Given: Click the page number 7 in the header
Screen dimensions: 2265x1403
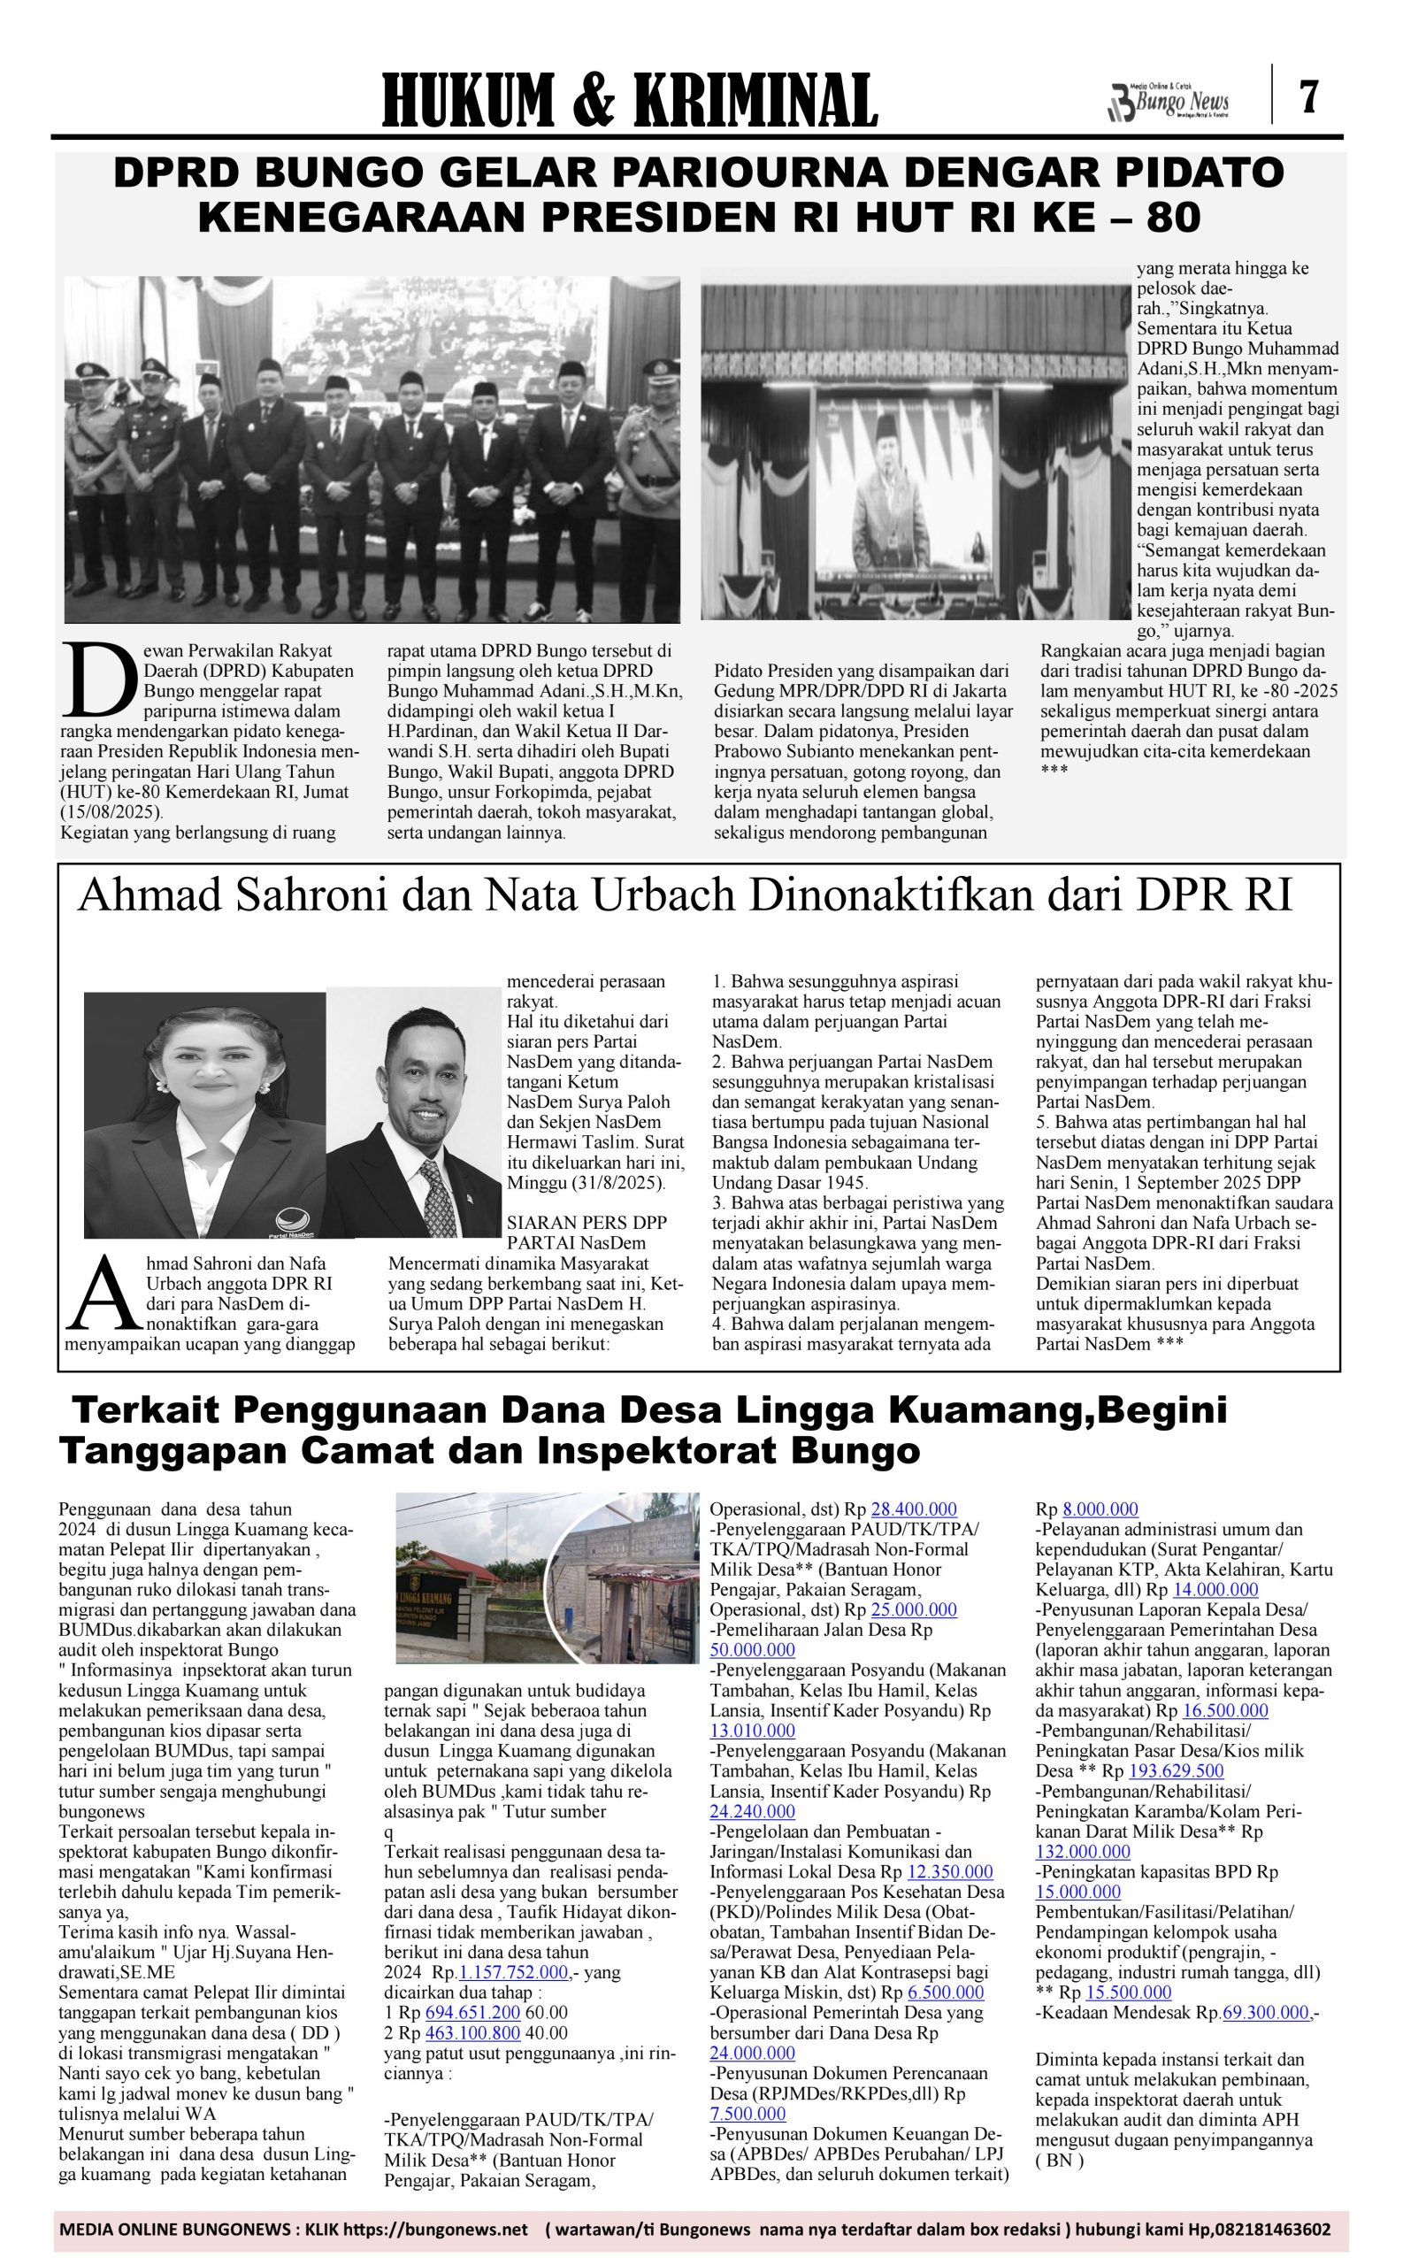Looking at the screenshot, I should click(1308, 96).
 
